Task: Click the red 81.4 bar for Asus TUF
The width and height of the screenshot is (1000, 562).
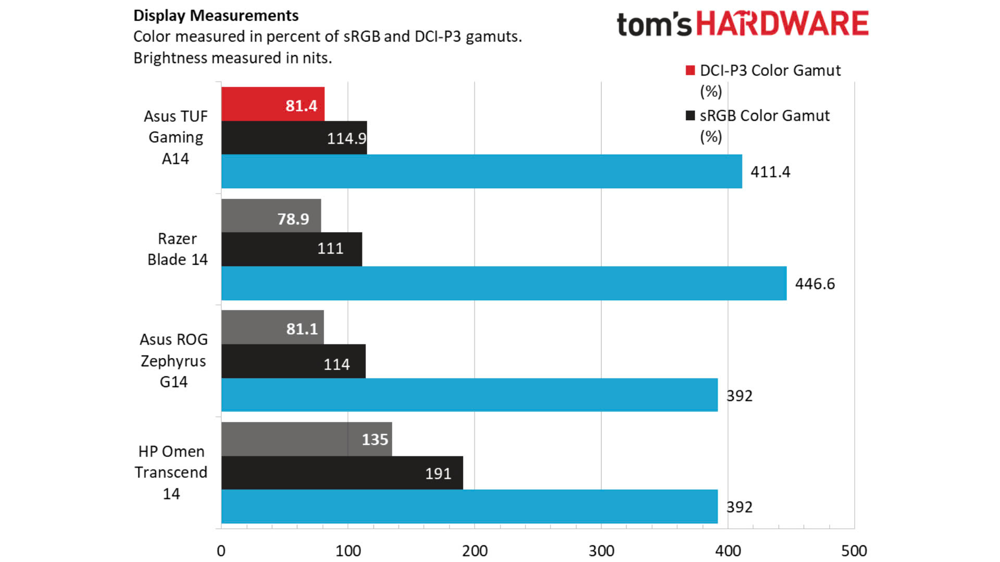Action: [272, 104]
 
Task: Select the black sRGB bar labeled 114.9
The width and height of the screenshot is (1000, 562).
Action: [294, 138]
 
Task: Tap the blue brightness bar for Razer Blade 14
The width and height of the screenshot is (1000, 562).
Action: [504, 284]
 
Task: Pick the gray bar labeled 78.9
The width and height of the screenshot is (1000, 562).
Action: [271, 216]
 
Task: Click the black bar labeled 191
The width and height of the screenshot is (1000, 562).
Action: [342, 473]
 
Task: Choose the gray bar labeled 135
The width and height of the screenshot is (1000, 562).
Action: [306, 439]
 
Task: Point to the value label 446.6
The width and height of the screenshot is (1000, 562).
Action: [815, 284]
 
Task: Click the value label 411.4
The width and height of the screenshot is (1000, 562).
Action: [770, 172]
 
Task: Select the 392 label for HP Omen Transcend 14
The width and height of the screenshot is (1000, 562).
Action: [740, 507]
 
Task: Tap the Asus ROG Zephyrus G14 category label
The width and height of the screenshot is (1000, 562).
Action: [173, 361]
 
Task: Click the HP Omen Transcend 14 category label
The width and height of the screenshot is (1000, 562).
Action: [171, 472]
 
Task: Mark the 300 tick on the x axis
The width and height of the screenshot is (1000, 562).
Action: [601, 551]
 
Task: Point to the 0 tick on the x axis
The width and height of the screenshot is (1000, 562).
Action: [221, 551]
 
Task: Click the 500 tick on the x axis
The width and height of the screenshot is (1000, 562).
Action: [854, 551]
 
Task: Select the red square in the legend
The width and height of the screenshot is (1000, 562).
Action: [690, 70]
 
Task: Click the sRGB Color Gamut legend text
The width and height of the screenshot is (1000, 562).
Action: [764, 116]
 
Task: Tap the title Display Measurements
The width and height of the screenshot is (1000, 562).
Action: [216, 16]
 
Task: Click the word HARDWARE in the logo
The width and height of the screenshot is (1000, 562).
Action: [782, 24]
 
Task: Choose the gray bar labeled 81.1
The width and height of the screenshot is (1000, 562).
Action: [272, 327]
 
